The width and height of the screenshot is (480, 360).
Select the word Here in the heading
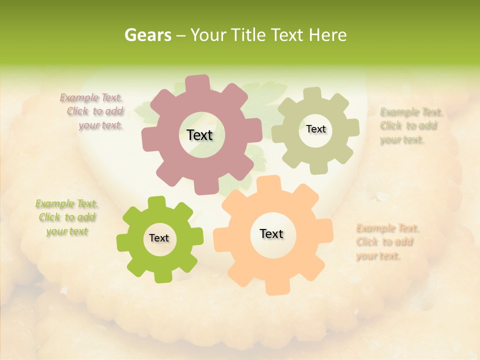327,35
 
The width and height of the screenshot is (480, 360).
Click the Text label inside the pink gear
199,135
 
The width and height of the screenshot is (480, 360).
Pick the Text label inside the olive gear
315,129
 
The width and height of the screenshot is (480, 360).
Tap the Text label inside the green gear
159,238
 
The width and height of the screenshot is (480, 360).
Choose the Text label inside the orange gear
271,233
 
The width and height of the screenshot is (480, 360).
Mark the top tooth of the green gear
157,202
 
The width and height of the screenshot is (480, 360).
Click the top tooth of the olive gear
312,93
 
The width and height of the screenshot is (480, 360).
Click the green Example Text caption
67,217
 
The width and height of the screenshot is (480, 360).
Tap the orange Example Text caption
386,242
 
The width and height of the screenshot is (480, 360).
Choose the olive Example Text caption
409,125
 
